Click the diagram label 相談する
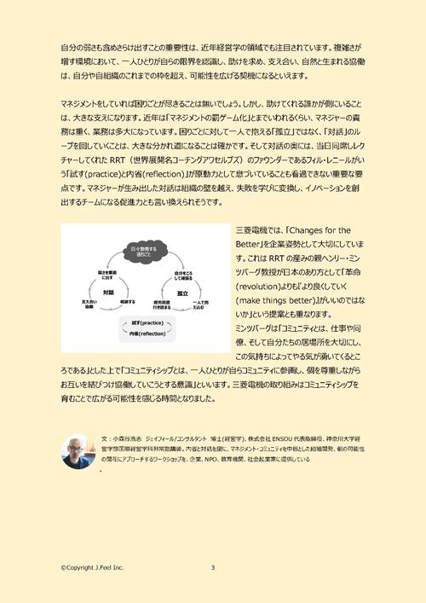click(127, 301)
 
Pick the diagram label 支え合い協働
click(88, 304)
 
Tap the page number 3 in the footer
click(212, 567)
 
